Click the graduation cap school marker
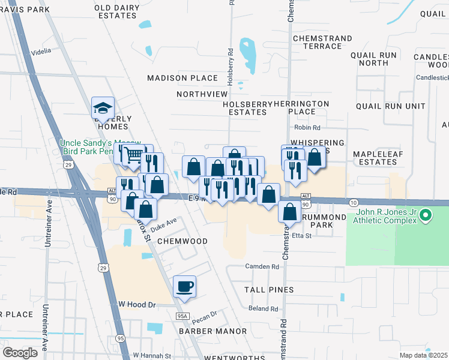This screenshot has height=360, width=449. pos(103,108)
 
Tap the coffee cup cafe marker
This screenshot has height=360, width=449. pos(184,286)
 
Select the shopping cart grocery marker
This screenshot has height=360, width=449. pos(134,156)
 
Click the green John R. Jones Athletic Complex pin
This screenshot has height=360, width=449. pos(426,214)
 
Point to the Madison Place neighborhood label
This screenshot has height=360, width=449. pos(182,78)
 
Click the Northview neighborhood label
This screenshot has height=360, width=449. pos(202,94)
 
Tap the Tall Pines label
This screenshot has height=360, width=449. pos(268,290)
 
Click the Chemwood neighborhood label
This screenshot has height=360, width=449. pos(182,241)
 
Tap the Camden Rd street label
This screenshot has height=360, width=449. pos(262,266)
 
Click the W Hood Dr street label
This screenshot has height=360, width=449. pos(137,305)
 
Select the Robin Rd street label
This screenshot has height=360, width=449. pos(307,128)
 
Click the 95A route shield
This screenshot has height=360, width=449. pos(182,316)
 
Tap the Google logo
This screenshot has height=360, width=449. pos(20,353)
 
